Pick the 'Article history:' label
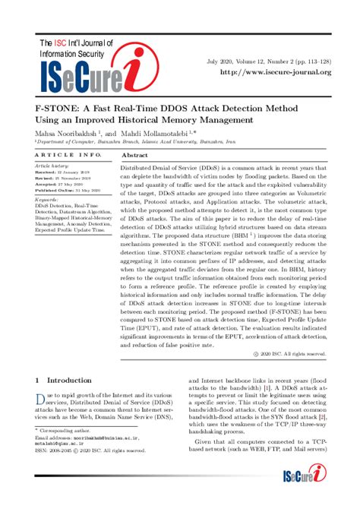coord(52,166)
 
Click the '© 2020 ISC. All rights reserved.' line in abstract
coord(290,354)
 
